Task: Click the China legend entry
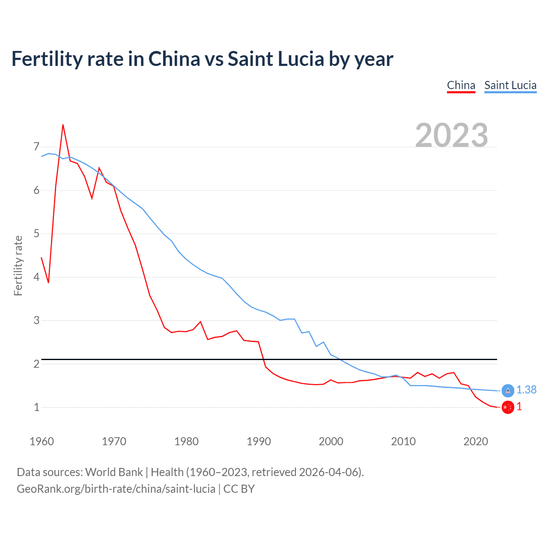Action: [461, 85]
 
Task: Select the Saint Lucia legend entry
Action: [510, 85]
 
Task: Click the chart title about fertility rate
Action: [202, 59]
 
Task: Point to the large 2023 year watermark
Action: [452, 135]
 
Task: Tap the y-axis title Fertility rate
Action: [18, 265]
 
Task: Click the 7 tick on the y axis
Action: [36, 147]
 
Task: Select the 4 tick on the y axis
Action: [36, 277]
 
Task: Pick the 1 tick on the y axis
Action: [36, 407]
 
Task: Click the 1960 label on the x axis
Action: [42, 441]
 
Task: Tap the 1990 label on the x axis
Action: [259, 441]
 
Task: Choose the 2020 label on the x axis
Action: [476, 441]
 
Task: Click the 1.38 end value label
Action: [526, 390]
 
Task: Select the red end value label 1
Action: [519, 407]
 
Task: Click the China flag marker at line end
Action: [508, 408]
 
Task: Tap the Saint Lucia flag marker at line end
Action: [508, 390]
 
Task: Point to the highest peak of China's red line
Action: [63, 125]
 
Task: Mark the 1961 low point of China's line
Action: [48, 283]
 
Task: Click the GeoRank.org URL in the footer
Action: [116, 489]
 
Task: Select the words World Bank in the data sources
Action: [114, 472]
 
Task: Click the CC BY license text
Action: [239, 489]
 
